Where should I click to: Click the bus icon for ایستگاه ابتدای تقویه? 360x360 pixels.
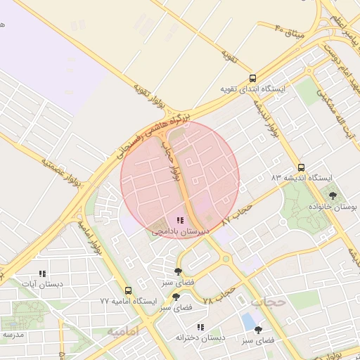click(x=253, y=78)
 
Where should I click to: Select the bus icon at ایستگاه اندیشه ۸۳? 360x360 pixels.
click(x=302, y=167)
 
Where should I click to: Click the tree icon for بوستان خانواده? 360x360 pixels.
click(x=333, y=195)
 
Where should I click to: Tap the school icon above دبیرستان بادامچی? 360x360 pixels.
click(x=180, y=220)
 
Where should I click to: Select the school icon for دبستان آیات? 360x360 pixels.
click(x=42, y=274)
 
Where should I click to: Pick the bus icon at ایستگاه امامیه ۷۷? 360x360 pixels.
click(x=128, y=290)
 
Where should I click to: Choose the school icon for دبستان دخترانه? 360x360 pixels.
click(x=200, y=327)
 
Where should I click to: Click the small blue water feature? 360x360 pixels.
click(x=247, y=321)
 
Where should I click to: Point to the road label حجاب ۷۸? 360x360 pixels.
click(x=217, y=295)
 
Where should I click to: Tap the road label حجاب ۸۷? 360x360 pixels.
click(x=236, y=212)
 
